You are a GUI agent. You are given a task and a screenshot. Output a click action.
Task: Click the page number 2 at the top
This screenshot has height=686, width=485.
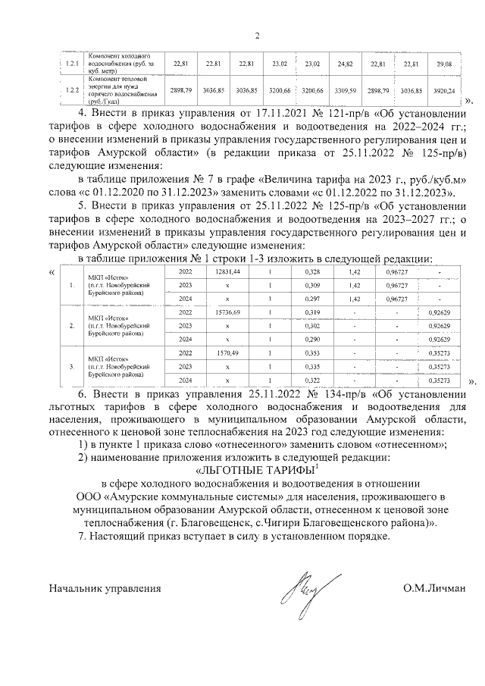coord(256,36)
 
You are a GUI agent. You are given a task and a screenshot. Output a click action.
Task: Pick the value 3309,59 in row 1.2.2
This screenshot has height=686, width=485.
coord(345,90)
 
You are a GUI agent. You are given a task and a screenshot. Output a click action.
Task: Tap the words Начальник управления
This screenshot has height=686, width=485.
coord(105,588)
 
